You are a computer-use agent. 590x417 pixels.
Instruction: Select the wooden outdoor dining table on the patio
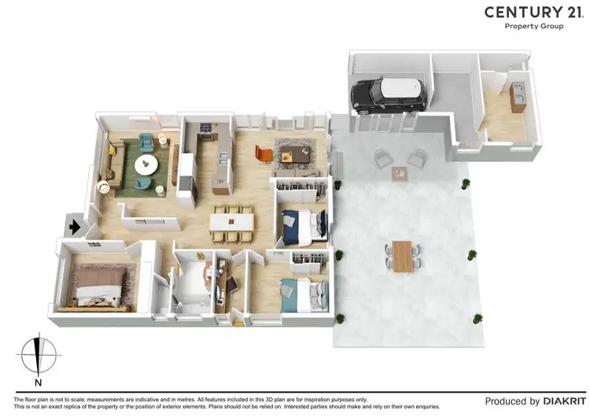click(x=403, y=256)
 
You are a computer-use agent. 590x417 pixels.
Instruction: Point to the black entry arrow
click(x=74, y=227)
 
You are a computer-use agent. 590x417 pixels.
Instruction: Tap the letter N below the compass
click(x=38, y=383)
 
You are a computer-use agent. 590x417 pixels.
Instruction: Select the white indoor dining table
click(x=232, y=223)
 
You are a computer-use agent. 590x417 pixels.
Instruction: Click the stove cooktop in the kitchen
click(x=207, y=127)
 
